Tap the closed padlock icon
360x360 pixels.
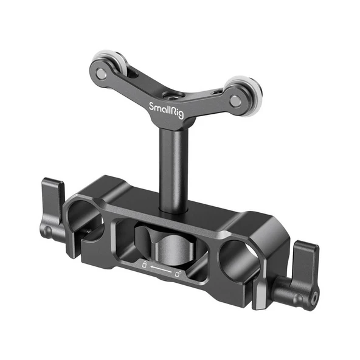[144, 263]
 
